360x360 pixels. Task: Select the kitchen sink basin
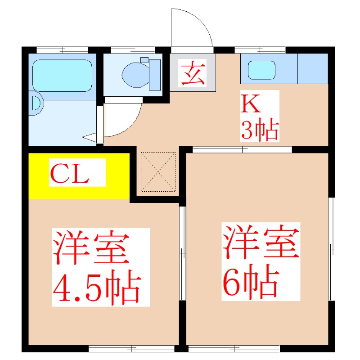coord(261,70)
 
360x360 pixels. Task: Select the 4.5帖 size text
coord(97,287)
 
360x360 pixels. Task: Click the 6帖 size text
coord(249,283)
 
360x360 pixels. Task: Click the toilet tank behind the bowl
coord(154,74)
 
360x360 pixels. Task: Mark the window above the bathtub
coord(63,49)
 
